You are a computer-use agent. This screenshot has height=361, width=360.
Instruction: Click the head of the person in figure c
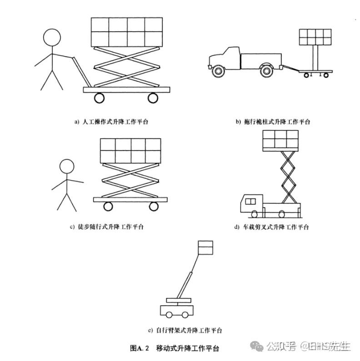67,166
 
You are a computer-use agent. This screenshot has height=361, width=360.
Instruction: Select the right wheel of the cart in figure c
154,207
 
